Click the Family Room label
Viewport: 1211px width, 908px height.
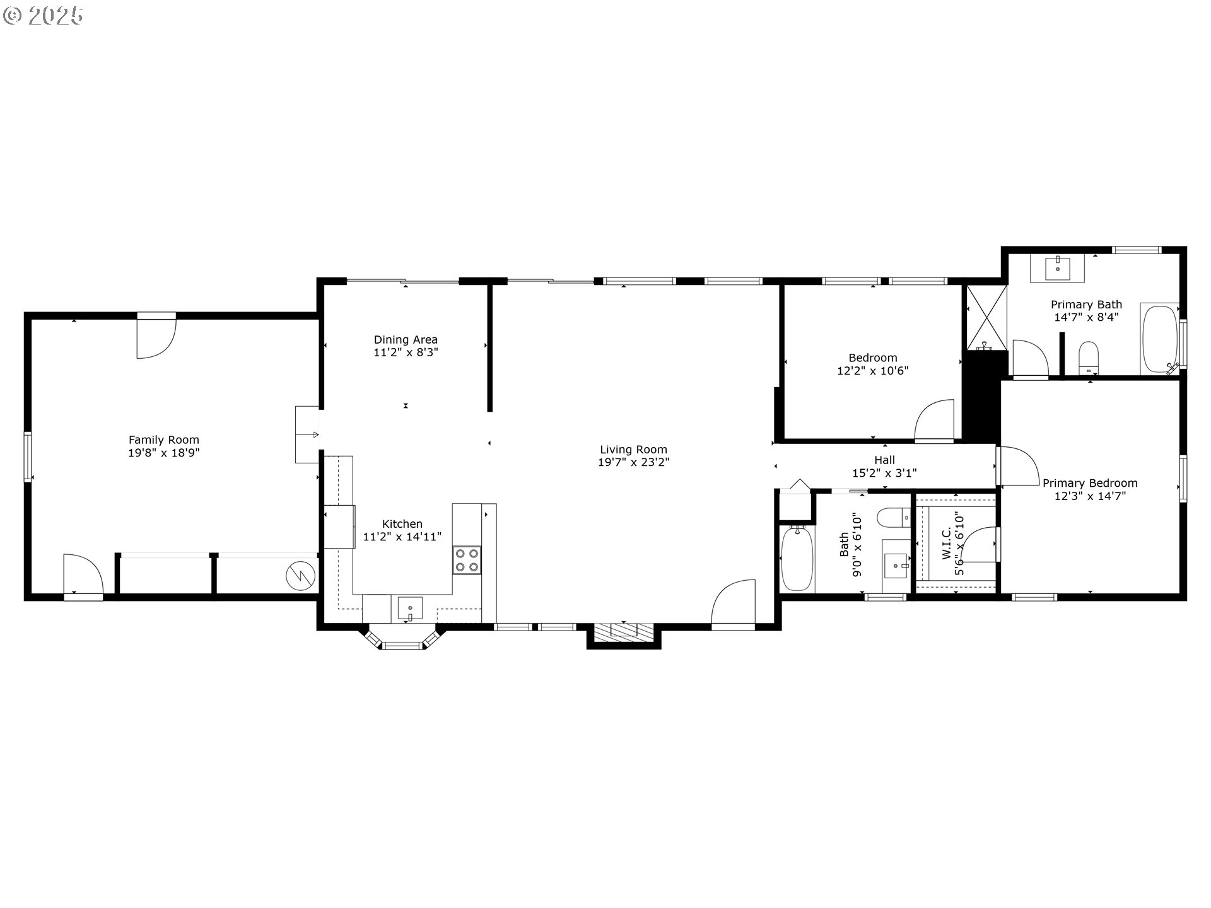pos(163,440)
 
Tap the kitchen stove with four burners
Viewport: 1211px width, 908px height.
pos(467,561)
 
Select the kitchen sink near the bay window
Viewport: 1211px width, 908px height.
pos(410,609)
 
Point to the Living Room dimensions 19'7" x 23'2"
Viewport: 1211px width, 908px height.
pos(633,462)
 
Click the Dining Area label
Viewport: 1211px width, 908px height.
pos(406,340)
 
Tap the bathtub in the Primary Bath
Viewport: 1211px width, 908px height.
pos(1159,339)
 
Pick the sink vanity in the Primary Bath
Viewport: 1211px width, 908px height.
pos(1057,269)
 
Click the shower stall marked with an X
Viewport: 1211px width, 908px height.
pos(986,317)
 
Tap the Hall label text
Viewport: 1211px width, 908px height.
pos(884,460)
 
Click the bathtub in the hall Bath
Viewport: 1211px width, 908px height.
pos(797,559)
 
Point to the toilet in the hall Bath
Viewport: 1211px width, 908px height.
pos(893,517)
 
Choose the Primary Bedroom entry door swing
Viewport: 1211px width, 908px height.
pos(1017,466)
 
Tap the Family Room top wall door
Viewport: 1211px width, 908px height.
pos(155,338)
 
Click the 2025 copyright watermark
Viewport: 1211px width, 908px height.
pos(43,15)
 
